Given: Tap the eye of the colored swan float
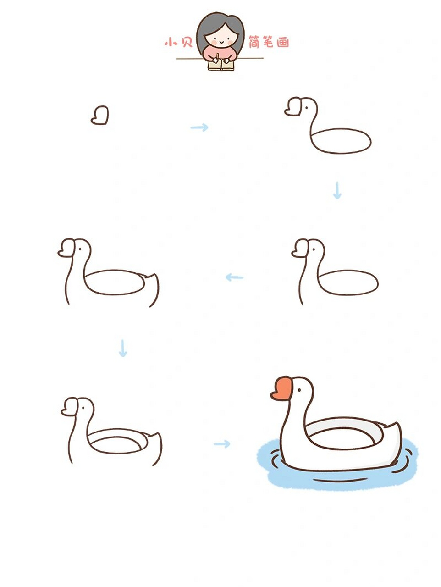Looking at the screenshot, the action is point(299,390).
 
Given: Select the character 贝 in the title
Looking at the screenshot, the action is point(186,42).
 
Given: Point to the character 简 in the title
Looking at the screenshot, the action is point(254,42).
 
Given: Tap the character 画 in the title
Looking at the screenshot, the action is point(283,42).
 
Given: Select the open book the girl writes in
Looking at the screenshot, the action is point(221,66).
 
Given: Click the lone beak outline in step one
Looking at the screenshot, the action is point(100,115).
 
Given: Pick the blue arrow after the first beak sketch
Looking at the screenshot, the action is point(199,127).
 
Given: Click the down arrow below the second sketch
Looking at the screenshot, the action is point(337,190).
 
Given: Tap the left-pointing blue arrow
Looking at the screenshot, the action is point(234,277).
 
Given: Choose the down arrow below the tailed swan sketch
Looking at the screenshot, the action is point(123,348).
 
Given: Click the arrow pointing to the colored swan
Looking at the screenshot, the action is point(222,444).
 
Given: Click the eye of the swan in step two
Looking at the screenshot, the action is point(306,108).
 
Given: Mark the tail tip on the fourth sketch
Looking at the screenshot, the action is point(155,274).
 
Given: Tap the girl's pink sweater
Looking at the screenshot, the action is point(220,53).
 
